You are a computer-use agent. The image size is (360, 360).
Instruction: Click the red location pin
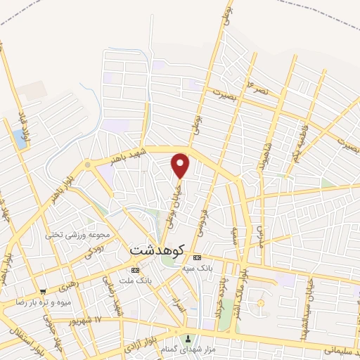tap(181, 166)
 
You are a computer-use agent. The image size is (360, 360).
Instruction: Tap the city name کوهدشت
tap(157, 250)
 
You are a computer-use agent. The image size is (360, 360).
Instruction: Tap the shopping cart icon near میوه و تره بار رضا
tap(43, 291)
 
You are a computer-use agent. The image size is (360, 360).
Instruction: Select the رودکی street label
tap(94, 251)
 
